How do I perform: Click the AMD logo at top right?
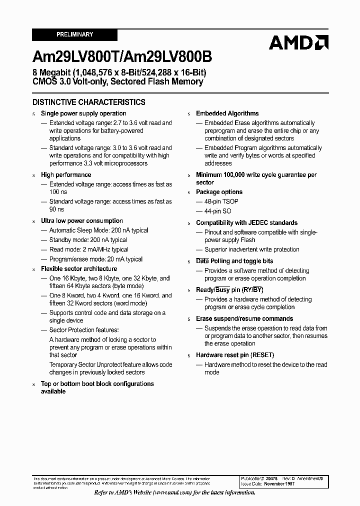pyautogui.click(x=298, y=42)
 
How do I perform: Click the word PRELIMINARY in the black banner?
pyautogui.click(x=74, y=34)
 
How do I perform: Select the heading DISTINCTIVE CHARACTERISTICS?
pyautogui.click(x=89, y=102)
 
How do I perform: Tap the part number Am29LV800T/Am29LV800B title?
pyautogui.click(x=121, y=57)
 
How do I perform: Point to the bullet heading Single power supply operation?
pyautogui.click(x=83, y=113)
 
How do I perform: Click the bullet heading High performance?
pyautogui.click(x=66, y=174)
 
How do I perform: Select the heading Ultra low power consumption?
pyautogui.click(x=82, y=220)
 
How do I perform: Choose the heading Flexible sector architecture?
pyautogui.click(x=79, y=268)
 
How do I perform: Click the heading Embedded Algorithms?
pyautogui.click(x=227, y=113)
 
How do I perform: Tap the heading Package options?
pyautogui.click(x=219, y=192)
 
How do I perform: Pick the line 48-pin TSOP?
pyautogui.click(x=221, y=201)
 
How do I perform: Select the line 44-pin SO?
pyautogui.click(x=218, y=211)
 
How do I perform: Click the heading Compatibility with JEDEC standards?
pyautogui.click(x=246, y=222)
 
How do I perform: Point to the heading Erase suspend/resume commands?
pyautogui.click(x=244, y=318)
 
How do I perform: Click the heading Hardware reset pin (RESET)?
pyautogui.click(x=235, y=355)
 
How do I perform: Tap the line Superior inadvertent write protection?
pyautogui.click(x=252, y=249)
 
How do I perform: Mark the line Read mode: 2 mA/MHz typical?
pyautogui.click(x=88, y=249)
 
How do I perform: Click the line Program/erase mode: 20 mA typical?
pyautogui.click(x=95, y=259)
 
